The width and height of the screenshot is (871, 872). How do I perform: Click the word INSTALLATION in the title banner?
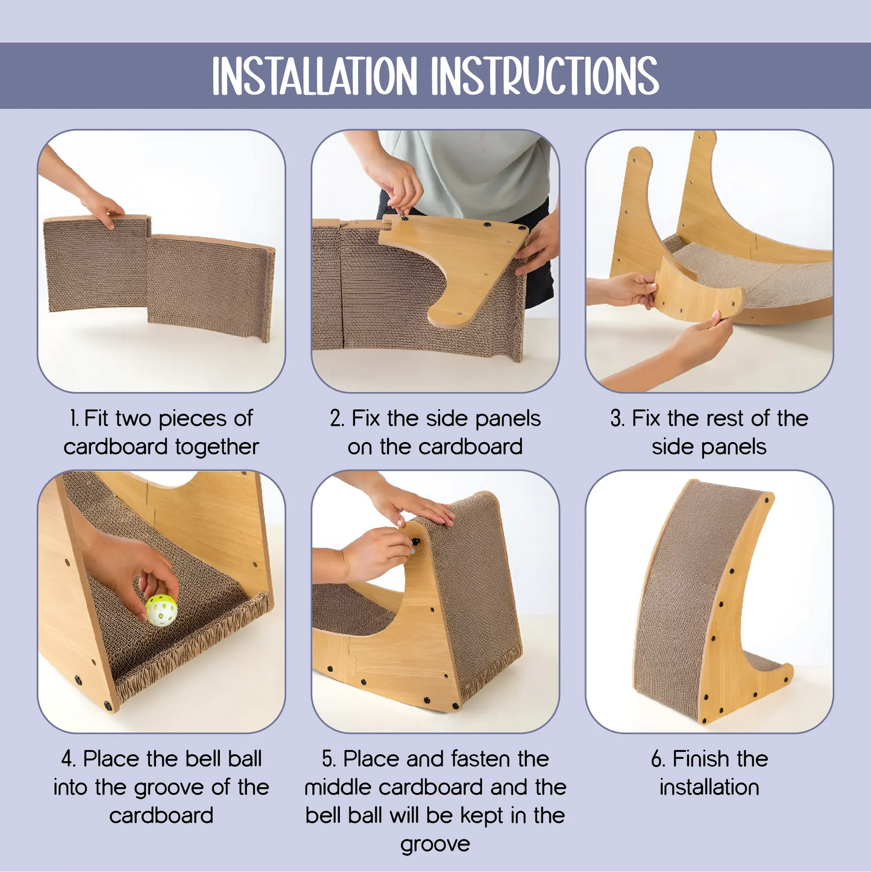click(x=314, y=76)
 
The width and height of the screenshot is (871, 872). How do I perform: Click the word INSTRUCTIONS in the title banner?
click(x=544, y=76)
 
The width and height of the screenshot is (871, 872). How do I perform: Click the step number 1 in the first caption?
click(x=74, y=419)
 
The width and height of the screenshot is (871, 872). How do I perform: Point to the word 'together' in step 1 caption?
click(x=216, y=447)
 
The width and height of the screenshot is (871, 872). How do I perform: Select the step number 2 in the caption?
click(x=336, y=419)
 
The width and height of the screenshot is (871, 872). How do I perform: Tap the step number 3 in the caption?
click(x=617, y=419)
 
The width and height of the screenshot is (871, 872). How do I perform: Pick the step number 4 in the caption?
click(x=68, y=759)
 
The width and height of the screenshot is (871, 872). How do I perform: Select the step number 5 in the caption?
click(x=328, y=759)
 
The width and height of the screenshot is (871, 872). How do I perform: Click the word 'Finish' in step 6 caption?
click(x=699, y=759)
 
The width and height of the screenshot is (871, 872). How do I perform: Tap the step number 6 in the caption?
click(x=658, y=759)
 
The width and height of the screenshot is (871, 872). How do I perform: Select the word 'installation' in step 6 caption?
click(x=709, y=788)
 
